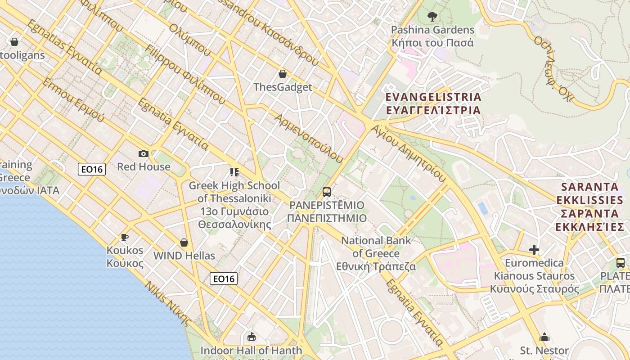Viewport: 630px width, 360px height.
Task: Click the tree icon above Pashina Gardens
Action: click(432, 17)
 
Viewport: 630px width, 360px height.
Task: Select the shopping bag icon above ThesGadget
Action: click(283, 73)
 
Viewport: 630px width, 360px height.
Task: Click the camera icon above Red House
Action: click(144, 153)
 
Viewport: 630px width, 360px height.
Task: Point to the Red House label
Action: click(144, 167)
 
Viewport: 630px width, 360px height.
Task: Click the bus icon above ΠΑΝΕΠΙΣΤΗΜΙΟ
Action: click(327, 192)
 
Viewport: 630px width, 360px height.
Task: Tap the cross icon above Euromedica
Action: click(534, 249)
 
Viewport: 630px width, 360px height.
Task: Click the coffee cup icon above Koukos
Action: click(125, 237)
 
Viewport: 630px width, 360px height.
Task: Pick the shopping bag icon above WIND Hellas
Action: click(184, 243)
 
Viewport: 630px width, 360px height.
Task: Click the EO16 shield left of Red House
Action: click(92, 169)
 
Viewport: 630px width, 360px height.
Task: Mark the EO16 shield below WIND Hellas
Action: click(224, 279)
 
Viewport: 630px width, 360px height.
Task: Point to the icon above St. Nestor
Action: click(544, 337)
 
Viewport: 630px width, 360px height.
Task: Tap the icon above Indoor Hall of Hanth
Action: click(251, 337)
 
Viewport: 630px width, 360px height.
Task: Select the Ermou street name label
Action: click(74, 101)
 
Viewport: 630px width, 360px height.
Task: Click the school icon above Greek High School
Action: click(234, 172)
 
